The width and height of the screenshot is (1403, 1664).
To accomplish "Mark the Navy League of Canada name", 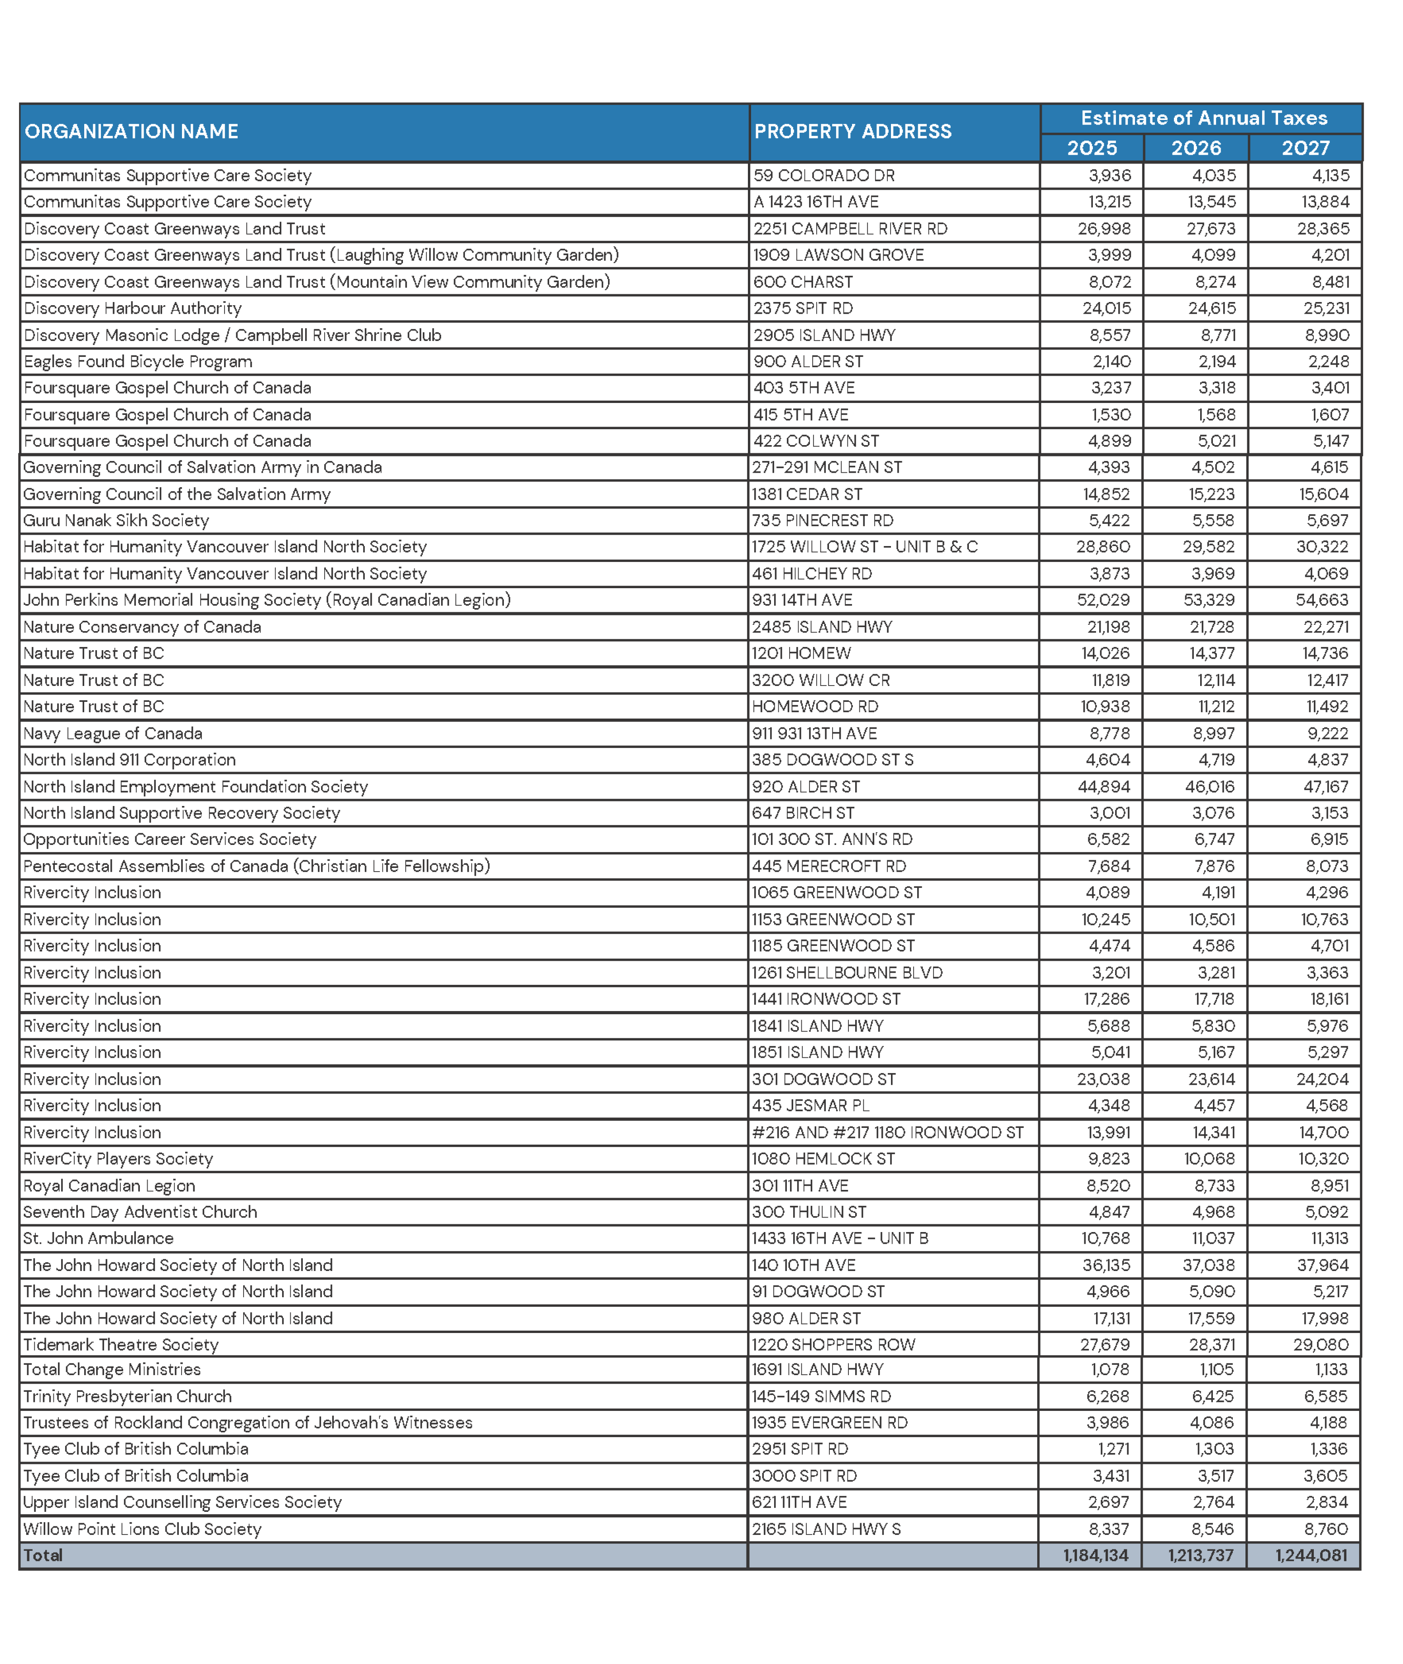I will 113,734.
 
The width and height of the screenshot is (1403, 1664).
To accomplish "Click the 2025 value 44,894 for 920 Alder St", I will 1103,786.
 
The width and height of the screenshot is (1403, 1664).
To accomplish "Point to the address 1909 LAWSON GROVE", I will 838,254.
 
